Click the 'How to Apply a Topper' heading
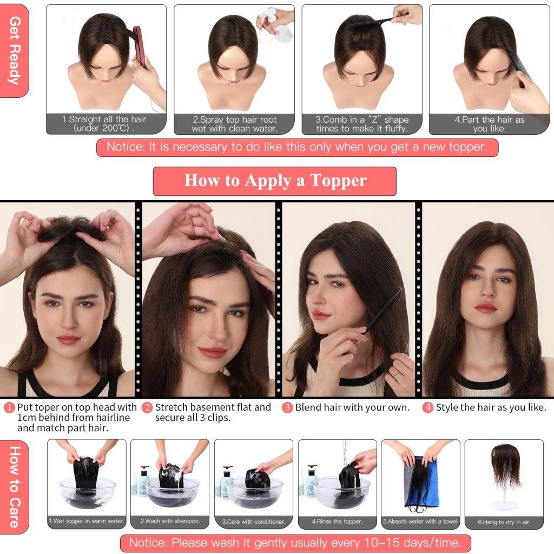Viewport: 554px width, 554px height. tap(275, 181)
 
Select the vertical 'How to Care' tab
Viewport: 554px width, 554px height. tap(15, 486)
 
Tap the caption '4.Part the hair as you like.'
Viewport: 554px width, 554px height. tap(489, 124)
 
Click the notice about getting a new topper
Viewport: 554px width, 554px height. tap(296, 147)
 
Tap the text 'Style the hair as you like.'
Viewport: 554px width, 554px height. tap(491, 407)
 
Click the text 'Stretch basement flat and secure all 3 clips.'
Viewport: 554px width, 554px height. tap(212, 412)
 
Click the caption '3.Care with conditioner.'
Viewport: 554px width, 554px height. tap(253, 522)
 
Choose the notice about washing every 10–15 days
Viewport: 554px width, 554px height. tap(295, 543)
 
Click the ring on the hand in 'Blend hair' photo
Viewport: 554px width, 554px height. tap(397, 374)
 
